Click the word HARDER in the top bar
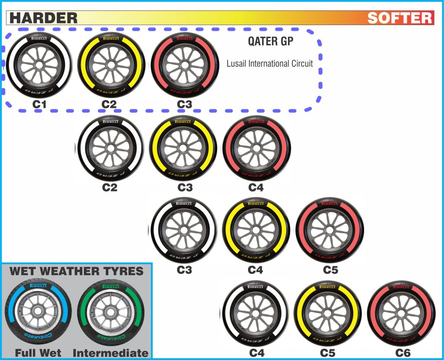coord(43,18)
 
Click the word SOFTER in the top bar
coord(400,18)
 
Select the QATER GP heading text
coord(271,42)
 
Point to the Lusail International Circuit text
coord(269,64)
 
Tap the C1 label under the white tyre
coord(39,104)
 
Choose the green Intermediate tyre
coord(110,311)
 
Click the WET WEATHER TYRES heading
coord(76,272)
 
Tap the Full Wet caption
coord(38,353)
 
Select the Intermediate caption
coord(111,353)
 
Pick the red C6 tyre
coord(401,314)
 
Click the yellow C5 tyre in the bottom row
coord(328,314)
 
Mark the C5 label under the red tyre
coord(330,270)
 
